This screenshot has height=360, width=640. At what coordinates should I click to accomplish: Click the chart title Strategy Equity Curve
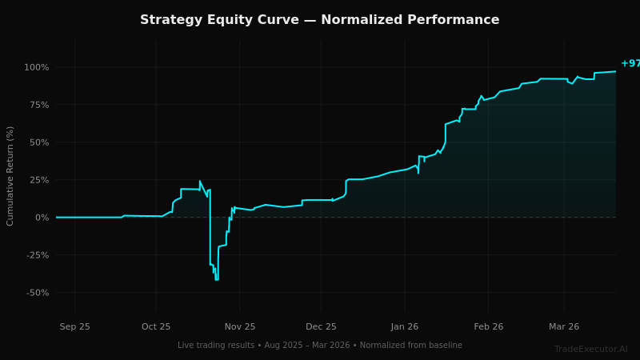319,20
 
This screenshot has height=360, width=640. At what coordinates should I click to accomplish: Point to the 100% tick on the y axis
36,67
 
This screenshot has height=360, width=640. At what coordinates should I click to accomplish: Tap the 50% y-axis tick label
38,142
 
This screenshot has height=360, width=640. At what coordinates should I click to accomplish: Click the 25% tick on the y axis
38,180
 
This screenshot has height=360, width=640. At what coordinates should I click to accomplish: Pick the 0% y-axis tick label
41,218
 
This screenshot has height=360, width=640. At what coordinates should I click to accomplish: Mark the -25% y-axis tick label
36,255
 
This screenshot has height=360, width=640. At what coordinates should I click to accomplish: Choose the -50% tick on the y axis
36,293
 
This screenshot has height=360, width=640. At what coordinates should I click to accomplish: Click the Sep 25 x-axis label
75,326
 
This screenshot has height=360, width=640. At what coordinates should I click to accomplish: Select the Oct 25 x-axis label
156,326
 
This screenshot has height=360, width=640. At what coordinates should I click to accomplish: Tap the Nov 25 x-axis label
240,326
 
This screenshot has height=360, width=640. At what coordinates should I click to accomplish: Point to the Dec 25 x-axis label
321,326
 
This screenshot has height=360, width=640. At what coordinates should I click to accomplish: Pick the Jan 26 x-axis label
405,326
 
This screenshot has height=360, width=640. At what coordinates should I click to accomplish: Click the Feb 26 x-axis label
488,326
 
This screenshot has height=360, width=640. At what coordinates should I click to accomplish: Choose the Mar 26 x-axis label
564,326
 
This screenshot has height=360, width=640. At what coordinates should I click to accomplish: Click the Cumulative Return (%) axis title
11,176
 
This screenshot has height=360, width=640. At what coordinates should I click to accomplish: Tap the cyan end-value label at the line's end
630,64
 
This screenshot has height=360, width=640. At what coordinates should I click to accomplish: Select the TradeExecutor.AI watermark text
590,350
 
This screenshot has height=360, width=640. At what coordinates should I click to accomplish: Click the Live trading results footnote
319,346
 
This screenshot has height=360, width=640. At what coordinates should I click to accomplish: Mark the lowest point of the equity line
216,279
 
